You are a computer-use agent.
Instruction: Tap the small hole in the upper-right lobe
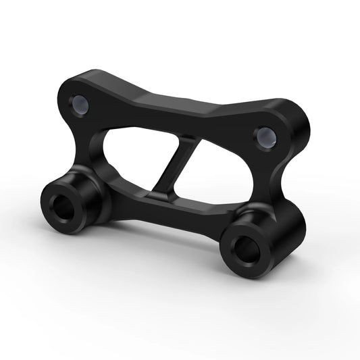pos(264,137)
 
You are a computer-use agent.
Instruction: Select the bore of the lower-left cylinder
pos(64,209)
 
